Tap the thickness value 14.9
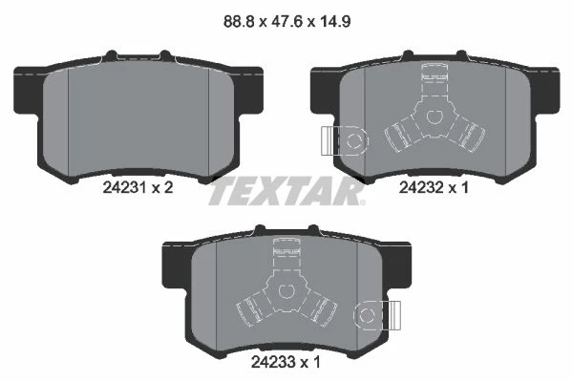coord(335,22)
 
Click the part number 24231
coord(124,188)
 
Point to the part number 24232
coord(420,188)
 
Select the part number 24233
coord(272,362)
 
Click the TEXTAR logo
coord(286,191)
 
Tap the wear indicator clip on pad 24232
coord(345,140)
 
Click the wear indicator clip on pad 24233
coord(377,315)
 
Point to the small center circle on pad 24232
coord(434,117)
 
